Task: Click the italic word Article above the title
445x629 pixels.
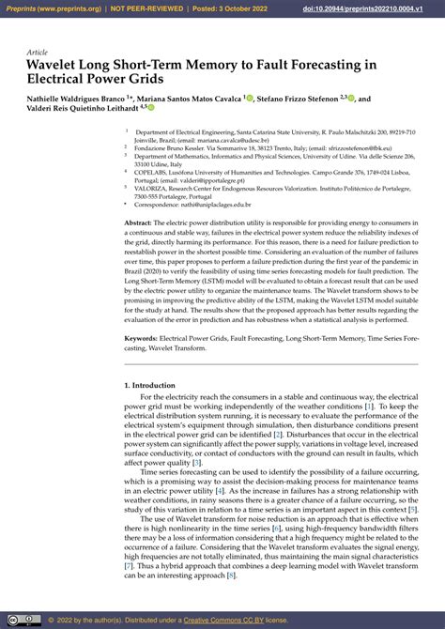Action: click(37, 52)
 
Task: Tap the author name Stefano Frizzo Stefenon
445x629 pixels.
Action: click(298, 97)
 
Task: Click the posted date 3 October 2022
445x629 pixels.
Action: click(235, 8)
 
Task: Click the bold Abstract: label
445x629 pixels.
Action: click(139, 222)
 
